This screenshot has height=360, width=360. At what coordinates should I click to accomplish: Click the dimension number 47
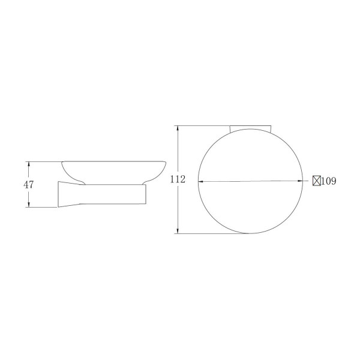tap(28, 185)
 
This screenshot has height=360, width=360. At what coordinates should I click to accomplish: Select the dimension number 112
tap(178, 179)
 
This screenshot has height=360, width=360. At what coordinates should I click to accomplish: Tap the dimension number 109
tap(329, 181)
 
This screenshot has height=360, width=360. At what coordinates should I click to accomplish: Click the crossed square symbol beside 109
tap(317, 181)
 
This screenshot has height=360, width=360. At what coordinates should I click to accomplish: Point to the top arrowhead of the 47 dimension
tap(29, 164)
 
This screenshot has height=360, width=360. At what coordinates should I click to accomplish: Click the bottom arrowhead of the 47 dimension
tap(29, 205)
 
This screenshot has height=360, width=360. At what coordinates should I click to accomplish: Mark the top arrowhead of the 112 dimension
tap(178, 128)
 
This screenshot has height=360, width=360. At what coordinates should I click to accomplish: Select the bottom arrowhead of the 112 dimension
tap(178, 231)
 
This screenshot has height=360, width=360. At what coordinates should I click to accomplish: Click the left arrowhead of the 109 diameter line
tap(201, 181)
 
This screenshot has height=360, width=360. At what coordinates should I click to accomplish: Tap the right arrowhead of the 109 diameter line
tap(300, 181)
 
